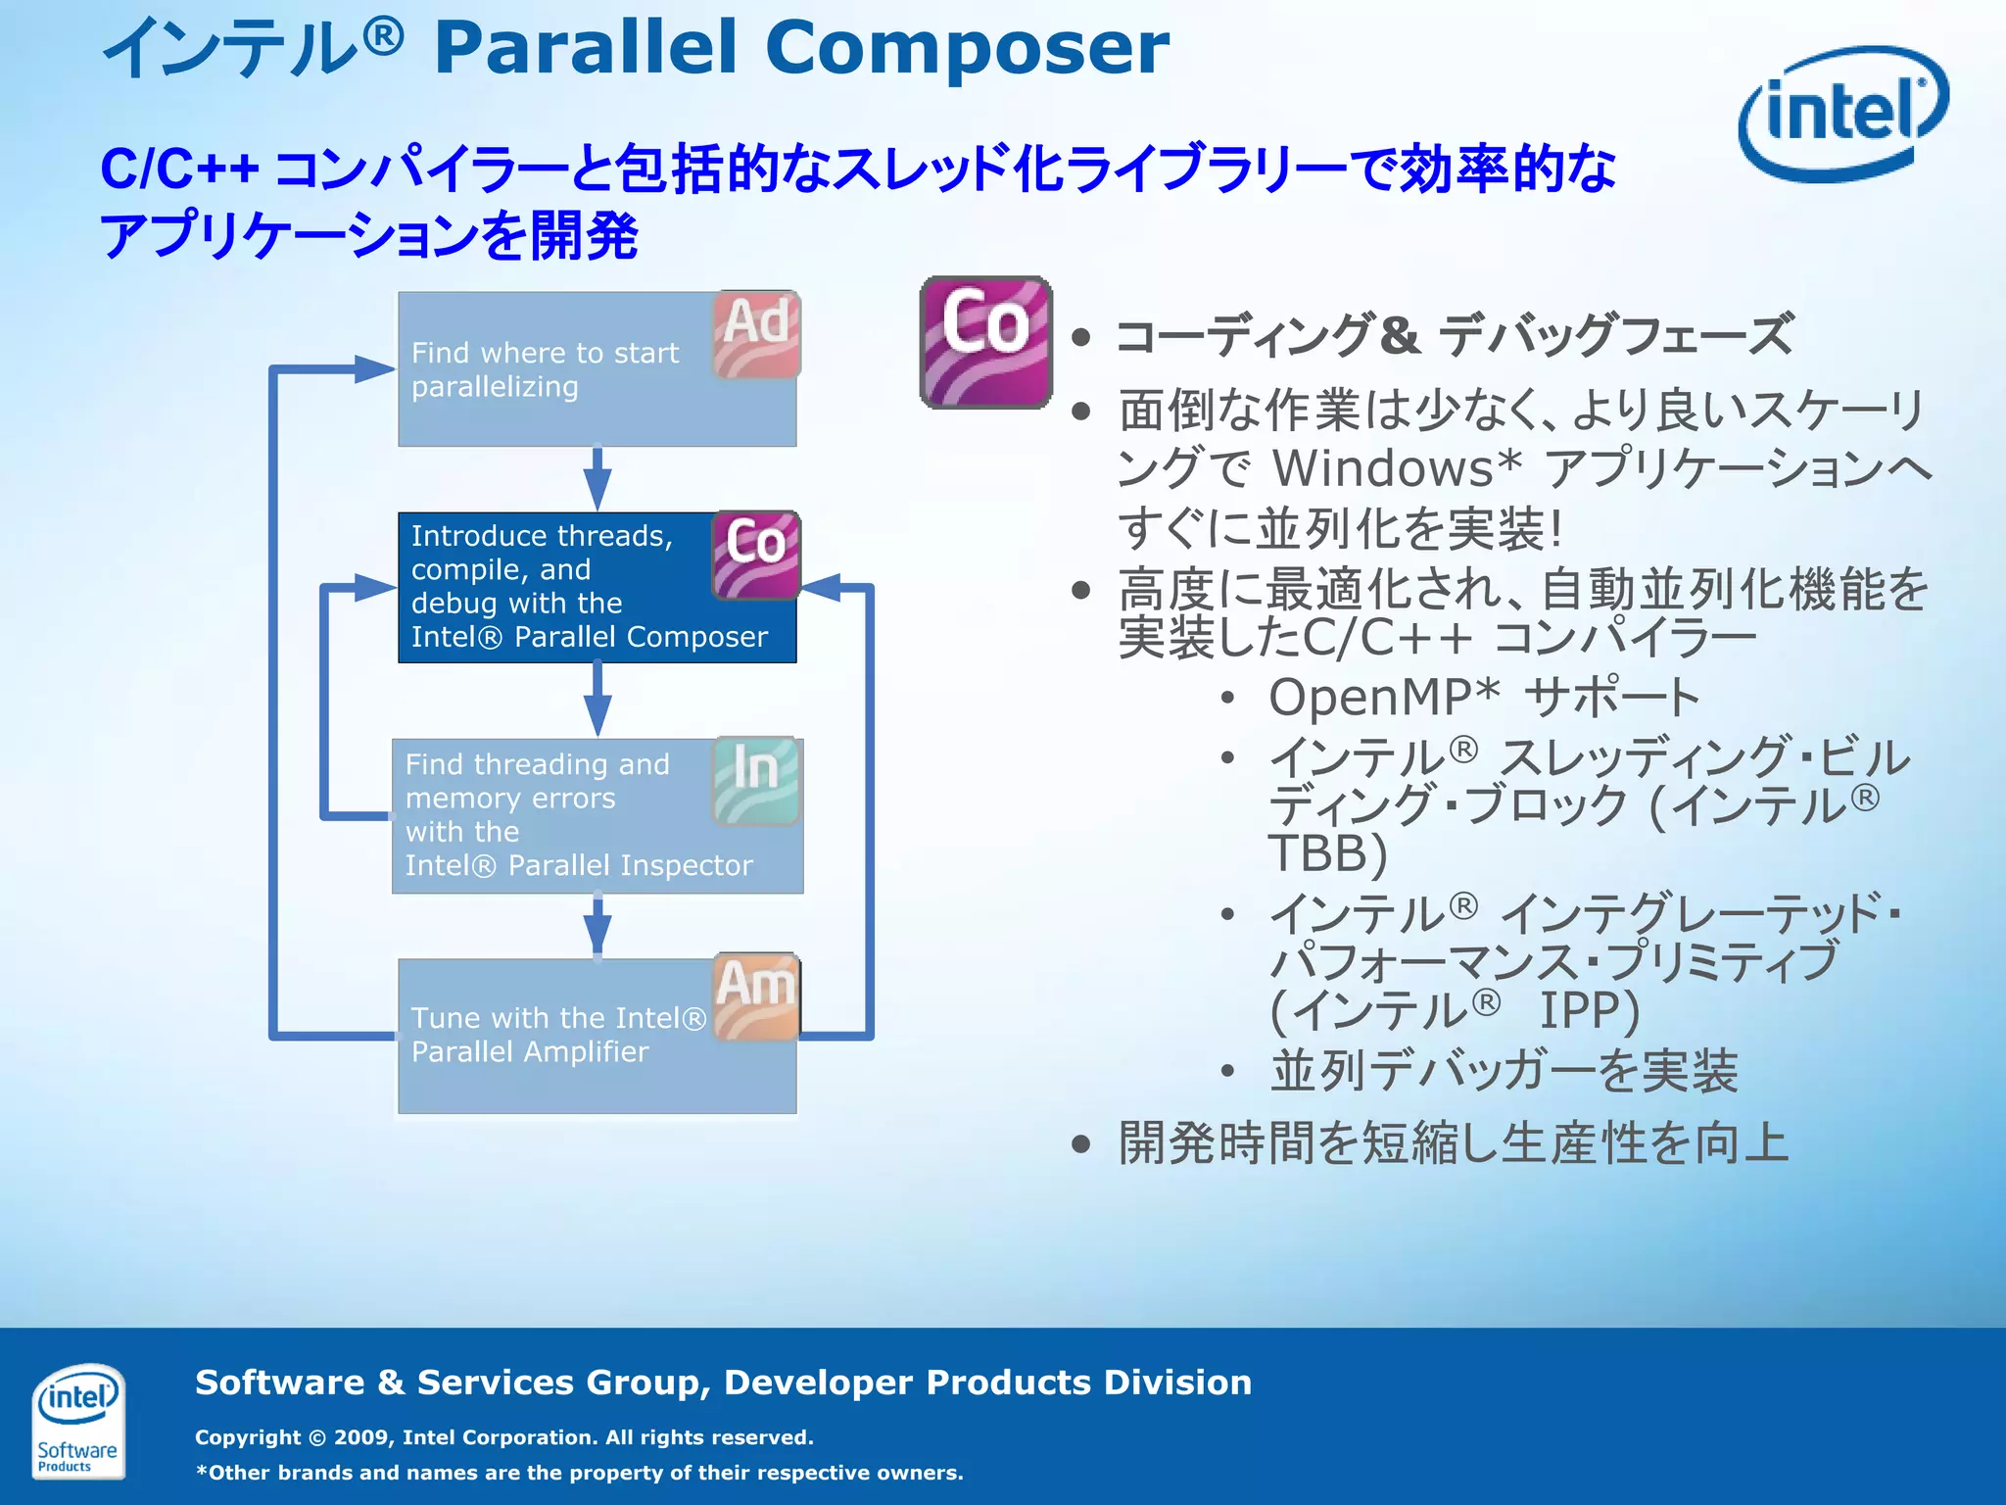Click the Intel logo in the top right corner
[x=1843, y=113]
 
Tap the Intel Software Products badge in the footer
[x=77, y=1421]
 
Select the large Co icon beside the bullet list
[x=985, y=342]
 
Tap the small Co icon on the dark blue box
[x=756, y=555]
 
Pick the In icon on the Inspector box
[x=756, y=780]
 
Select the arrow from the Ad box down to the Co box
[x=597, y=479]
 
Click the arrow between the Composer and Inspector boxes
[x=597, y=700]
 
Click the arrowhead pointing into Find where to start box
[x=374, y=369]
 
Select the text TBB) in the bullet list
[x=1327, y=853]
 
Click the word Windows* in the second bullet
[x=1397, y=468]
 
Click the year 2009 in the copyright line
[x=362, y=1437]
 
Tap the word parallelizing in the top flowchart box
[x=495, y=387]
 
